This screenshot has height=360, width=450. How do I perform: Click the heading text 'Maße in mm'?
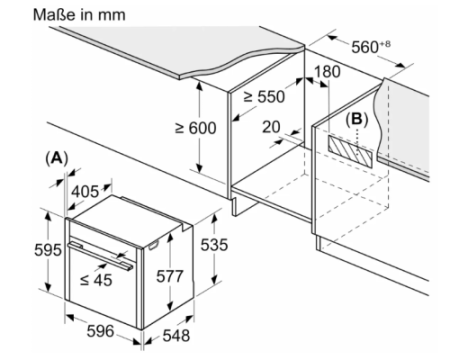(x=79, y=15)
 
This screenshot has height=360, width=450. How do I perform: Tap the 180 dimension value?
(x=327, y=72)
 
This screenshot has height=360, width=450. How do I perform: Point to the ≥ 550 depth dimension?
(x=264, y=97)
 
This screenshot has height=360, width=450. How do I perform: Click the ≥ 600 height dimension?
(x=196, y=128)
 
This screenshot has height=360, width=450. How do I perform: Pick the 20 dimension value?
(x=271, y=127)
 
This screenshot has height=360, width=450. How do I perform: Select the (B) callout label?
(x=357, y=119)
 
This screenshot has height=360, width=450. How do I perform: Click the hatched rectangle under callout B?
(x=350, y=151)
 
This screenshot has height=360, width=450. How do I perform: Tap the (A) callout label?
(x=57, y=158)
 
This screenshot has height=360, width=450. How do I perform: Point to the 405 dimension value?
(x=85, y=192)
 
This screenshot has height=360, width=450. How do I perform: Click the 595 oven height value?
(x=48, y=250)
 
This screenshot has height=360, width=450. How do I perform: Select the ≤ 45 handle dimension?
(x=96, y=280)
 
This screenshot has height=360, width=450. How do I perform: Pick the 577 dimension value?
(x=170, y=276)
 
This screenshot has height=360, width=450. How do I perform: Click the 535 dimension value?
(x=214, y=245)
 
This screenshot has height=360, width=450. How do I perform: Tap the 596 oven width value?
(x=100, y=331)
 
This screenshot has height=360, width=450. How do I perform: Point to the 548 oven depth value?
(x=176, y=335)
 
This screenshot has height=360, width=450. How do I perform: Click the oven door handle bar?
(x=100, y=256)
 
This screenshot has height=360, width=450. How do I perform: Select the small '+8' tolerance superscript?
(x=385, y=44)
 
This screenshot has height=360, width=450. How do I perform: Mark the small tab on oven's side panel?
(x=153, y=245)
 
